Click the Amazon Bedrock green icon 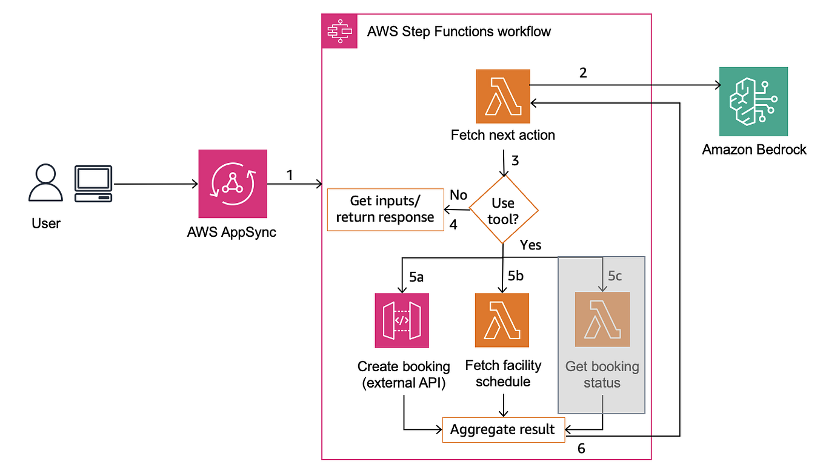pyautogui.click(x=753, y=102)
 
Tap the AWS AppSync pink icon pyautogui.click(x=233, y=184)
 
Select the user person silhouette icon pyautogui.click(x=45, y=183)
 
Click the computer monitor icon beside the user pyautogui.click(x=93, y=184)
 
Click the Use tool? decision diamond pyautogui.click(x=504, y=210)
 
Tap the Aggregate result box pyautogui.click(x=503, y=430)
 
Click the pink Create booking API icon pyautogui.click(x=401, y=320)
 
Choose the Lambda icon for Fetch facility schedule pyautogui.click(x=502, y=320)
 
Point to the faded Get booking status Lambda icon pyautogui.click(x=602, y=319)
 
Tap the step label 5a pyautogui.click(x=417, y=277)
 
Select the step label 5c pyautogui.click(x=615, y=277)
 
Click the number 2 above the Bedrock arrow pyautogui.click(x=583, y=73)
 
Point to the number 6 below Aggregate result pyautogui.click(x=581, y=449)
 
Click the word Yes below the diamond pyautogui.click(x=530, y=245)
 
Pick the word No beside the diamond pyautogui.click(x=458, y=194)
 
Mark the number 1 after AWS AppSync pyautogui.click(x=290, y=175)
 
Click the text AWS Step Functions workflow pyautogui.click(x=459, y=31)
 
